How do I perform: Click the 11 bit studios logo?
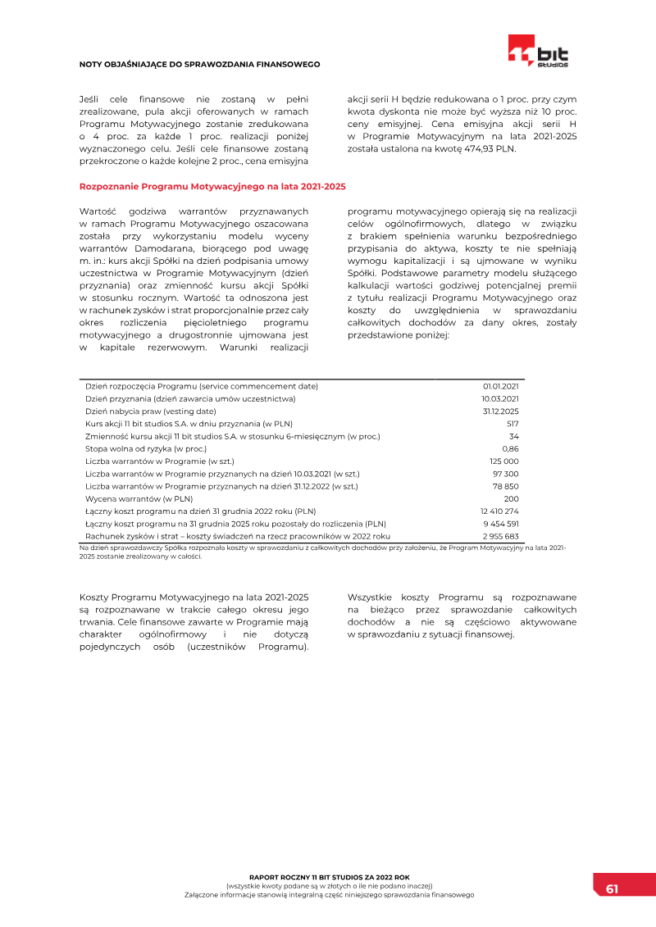tap(538, 51)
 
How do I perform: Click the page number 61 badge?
tap(612, 888)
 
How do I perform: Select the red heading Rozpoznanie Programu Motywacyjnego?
tap(212, 187)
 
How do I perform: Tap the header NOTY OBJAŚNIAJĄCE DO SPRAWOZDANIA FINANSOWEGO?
tap(199, 64)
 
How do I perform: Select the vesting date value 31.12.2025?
tap(500, 411)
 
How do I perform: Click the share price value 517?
tap(512, 424)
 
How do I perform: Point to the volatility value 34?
tap(514, 436)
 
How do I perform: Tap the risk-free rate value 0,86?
tap(510, 448)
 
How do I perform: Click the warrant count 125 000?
tap(504, 461)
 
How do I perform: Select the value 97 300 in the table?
tap(505, 474)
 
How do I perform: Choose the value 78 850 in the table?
tap(505, 486)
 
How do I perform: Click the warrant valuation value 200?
tap(512, 498)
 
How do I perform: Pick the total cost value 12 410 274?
tap(499, 511)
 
